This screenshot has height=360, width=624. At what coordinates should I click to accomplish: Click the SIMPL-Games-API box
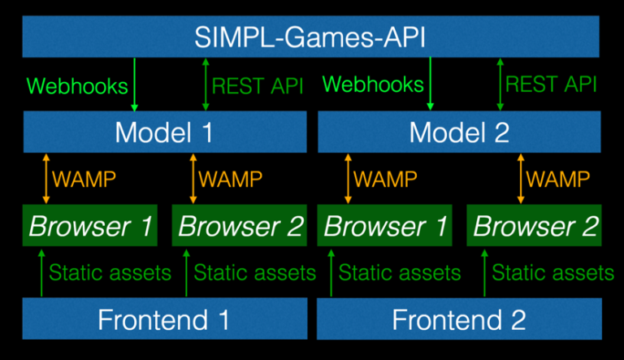[x=311, y=37]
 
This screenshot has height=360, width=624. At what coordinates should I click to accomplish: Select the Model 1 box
[x=165, y=132]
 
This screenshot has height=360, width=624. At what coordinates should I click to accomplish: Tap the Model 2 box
[x=459, y=132]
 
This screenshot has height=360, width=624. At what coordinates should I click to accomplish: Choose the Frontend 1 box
[x=165, y=319]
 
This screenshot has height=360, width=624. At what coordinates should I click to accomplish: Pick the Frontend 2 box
[x=459, y=319]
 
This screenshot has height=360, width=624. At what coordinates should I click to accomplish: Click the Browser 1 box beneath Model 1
[x=91, y=226]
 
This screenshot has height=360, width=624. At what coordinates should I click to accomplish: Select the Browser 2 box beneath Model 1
[x=240, y=226]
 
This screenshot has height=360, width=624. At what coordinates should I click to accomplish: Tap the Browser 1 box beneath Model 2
[x=386, y=226]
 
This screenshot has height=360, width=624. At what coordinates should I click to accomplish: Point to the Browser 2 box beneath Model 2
[x=535, y=226]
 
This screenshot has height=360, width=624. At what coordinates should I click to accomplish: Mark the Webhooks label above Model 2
[x=373, y=85]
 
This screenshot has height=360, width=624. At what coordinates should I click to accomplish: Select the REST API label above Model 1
[x=257, y=85]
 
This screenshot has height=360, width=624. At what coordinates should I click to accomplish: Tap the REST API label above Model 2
[x=552, y=85]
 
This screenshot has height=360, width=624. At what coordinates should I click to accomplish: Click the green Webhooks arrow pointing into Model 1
[x=135, y=85]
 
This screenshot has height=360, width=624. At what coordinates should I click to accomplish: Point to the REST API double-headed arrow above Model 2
[x=500, y=85]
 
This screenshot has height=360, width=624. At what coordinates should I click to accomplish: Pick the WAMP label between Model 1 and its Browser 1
[x=84, y=178]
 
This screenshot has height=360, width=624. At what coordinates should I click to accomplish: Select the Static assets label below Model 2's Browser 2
[x=552, y=272]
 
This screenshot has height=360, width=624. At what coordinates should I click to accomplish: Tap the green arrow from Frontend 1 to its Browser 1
[x=40, y=272]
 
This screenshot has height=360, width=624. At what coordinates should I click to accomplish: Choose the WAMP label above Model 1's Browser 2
[x=231, y=178]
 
